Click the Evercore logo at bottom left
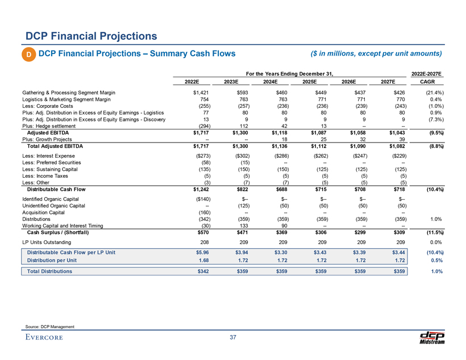coord(44,339)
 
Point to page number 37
coord(232,338)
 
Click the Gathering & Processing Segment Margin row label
coord(69,92)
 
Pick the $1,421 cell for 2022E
coord(200,92)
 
